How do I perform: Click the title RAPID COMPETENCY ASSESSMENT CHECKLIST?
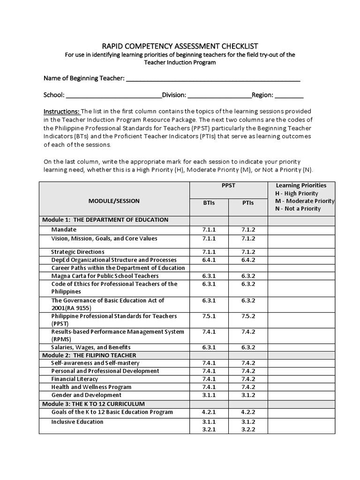[180, 46]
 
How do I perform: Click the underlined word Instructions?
[62, 112]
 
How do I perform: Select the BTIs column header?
[209, 203]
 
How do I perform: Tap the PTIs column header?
[248, 203]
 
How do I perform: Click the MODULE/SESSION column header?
[114, 201]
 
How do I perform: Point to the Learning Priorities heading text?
[301, 186]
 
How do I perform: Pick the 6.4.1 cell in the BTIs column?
[209, 260]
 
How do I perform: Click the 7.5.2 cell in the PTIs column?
[248, 316]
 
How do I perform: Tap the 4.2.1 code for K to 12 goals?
[209, 412]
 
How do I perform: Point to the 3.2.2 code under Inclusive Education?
[248, 430]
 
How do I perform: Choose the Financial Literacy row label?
[75, 379]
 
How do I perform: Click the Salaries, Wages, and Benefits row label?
[88, 347]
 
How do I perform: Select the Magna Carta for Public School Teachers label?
[105, 276]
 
